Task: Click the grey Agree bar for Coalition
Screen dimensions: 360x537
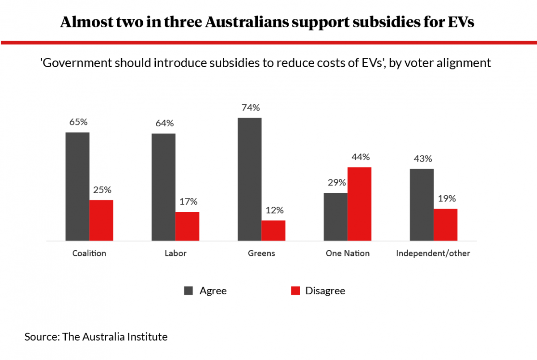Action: [77, 187]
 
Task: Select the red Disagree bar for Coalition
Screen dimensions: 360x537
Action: [101, 220]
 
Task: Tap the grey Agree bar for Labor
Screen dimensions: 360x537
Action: [163, 187]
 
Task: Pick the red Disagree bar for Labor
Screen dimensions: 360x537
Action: [187, 227]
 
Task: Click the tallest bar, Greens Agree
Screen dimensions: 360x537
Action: [250, 180]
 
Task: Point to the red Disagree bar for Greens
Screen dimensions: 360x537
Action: [273, 231]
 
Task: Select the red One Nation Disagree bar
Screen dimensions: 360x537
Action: [359, 204]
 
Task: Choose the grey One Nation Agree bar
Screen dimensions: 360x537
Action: [336, 217]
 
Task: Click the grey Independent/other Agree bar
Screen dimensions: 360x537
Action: [422, 205]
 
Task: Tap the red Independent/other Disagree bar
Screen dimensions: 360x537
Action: [446, 225]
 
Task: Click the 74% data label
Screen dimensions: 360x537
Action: [250, 108]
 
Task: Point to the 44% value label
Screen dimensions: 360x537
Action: [360, 157]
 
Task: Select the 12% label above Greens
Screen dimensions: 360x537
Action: [273, 210]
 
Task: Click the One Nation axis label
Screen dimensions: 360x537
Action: [348, 253]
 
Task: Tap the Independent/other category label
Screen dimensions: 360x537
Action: [433, 253]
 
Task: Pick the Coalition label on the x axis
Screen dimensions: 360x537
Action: [89, 253]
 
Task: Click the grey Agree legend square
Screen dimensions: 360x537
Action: [188, 291]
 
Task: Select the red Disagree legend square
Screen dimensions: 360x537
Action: [295, 291]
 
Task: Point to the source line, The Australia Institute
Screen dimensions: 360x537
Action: [96, 337]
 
